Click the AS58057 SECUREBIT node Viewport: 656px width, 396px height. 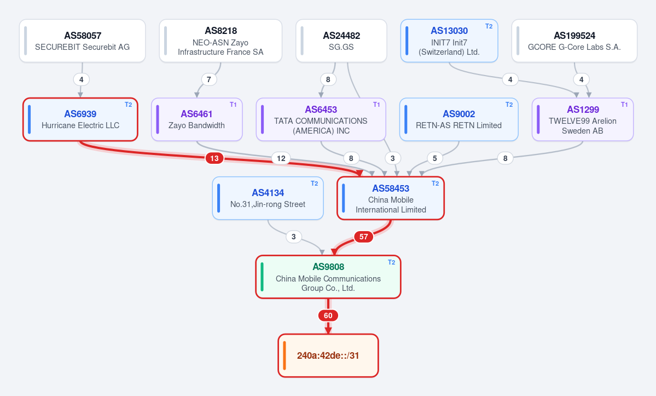point(83,41)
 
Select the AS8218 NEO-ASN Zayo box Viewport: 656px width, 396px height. point(220,41)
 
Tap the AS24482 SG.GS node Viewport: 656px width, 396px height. point(341,41)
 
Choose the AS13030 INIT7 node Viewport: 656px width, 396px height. point(449,41)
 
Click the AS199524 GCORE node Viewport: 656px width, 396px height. point(574,41)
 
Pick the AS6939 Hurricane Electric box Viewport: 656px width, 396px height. point(80,119)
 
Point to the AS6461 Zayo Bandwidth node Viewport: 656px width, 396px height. point(196,119)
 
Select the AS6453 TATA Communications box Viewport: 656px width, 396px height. point(321,119)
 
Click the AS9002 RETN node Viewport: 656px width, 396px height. point(459,119)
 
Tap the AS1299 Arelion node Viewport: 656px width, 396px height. point(583,119)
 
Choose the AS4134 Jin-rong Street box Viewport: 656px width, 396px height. point(268,198)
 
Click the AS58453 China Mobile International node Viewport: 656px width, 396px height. point(391,198)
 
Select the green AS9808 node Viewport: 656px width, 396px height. point(328,277)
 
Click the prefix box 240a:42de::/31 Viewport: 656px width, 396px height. point(328,355)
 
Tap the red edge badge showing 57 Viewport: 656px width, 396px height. point(363,237)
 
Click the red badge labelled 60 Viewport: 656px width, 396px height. point(328,315)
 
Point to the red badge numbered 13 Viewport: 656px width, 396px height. point(214,158)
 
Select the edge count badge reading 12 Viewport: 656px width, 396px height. point(281,158)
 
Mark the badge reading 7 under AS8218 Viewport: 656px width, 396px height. point(209,79)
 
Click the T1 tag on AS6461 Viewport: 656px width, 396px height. point(233,105)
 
